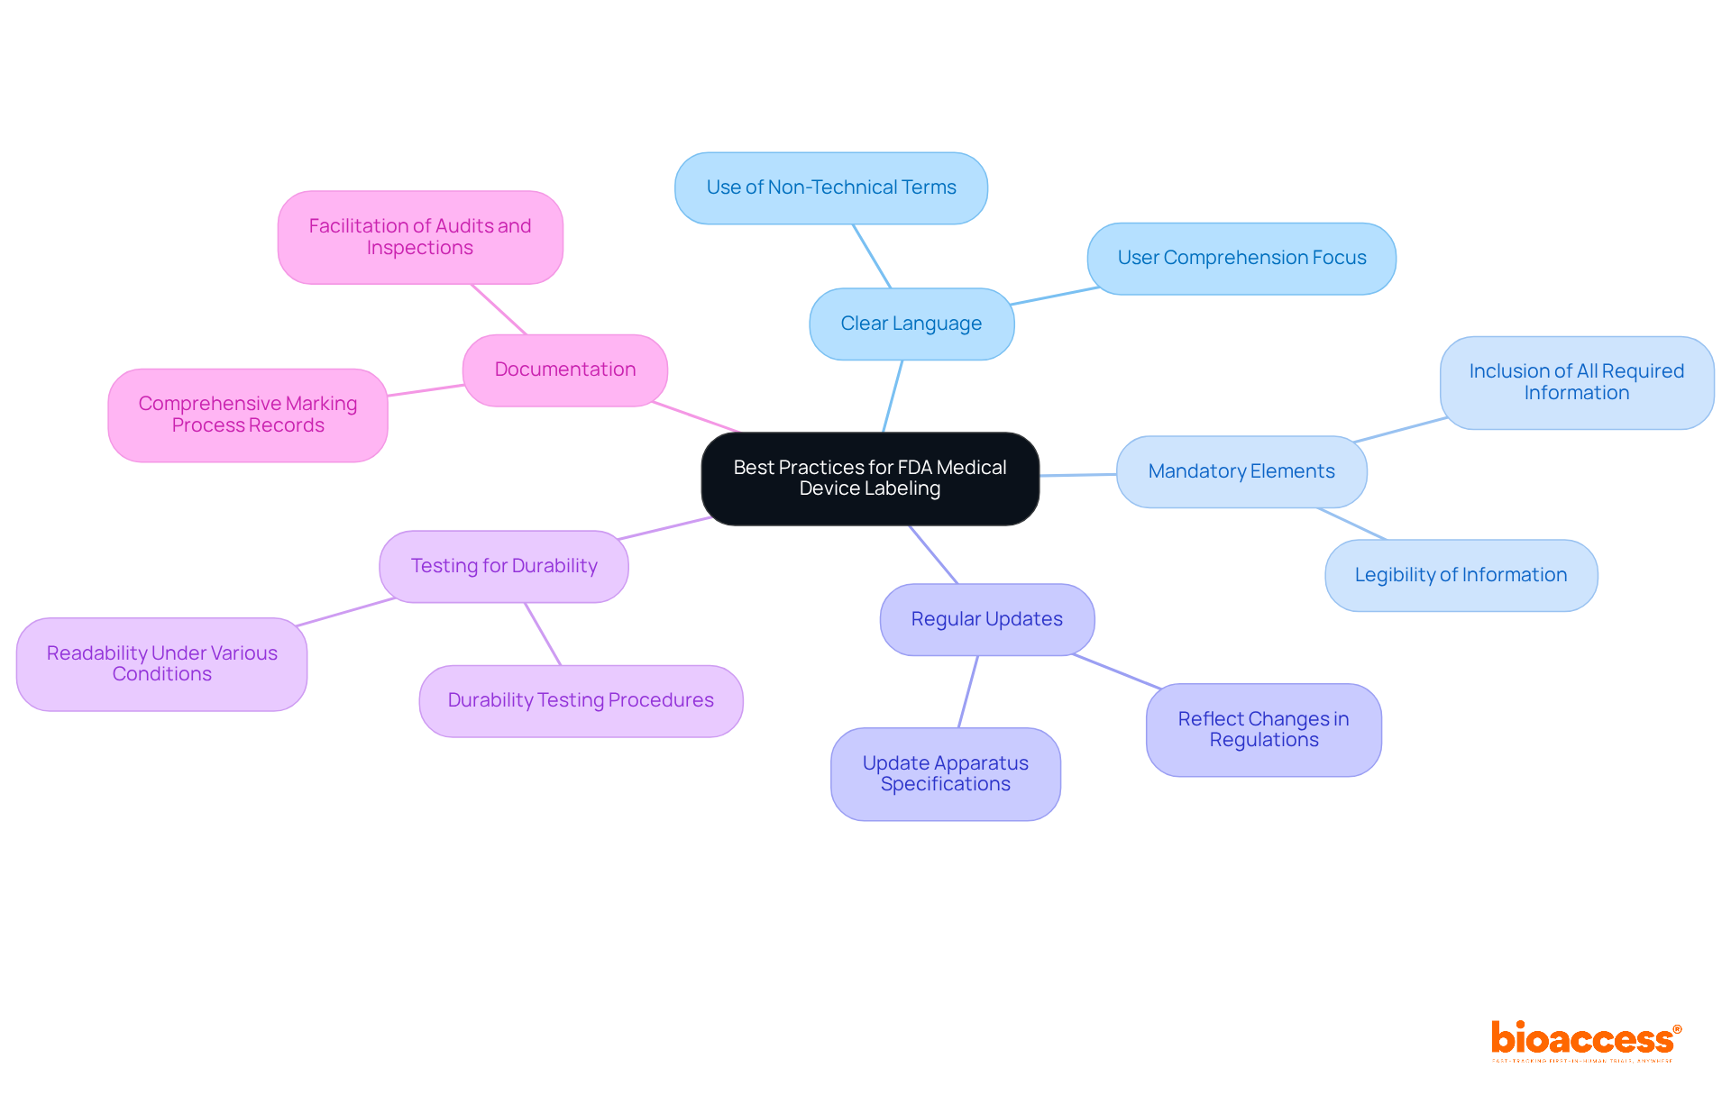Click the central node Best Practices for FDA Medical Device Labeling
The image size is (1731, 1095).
coord(870,479)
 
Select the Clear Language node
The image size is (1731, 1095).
coord(911,324)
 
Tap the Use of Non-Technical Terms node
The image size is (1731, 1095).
coord(831,187)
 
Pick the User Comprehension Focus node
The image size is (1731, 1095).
coord(1241,259)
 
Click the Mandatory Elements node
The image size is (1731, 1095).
coord(1241,471)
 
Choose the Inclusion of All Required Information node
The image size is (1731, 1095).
coord(1577,382)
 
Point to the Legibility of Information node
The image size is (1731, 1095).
coord(1461,575)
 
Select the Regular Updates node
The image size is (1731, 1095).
coord(987,619)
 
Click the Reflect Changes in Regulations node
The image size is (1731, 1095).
coord(1263,729)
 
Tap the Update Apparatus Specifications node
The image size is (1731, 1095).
coord(946,773)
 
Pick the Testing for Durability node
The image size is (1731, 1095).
coord(504,566)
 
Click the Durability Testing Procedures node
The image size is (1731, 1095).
coord(581,700)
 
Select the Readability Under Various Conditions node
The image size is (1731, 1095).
coord(162,663)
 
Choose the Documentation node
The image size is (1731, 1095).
coord(565,370)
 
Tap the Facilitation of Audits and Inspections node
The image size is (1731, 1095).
coord(420,237)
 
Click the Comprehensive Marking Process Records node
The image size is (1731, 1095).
coord(248,415)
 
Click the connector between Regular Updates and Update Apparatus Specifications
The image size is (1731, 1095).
coord(968,691)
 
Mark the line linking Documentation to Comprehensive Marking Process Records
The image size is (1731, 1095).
coord(426,390)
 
